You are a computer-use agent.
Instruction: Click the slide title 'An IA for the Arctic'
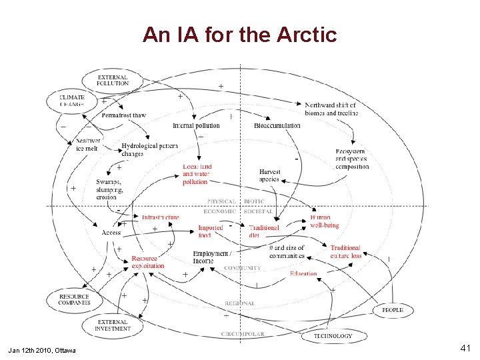point(239,34)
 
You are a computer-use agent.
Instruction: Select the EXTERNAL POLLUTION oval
point(112,80)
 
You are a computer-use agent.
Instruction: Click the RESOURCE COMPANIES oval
point(74,299)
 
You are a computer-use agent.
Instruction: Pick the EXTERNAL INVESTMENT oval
point(112,325)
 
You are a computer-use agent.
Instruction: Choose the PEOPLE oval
point(392,310)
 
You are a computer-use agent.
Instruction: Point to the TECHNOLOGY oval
point(333,336)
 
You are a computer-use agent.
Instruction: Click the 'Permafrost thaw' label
point(123,115)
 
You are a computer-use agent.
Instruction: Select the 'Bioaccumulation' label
point(277,126)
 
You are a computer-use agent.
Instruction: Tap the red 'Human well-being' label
point(324,221)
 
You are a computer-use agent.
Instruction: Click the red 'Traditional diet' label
point(263,231)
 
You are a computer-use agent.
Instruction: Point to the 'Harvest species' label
point(269,175)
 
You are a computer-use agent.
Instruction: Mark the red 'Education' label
point(303,273)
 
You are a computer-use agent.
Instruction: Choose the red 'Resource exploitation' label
point(147,262)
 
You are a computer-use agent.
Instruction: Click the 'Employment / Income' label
point(211,257)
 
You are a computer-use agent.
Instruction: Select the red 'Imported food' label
point(210,231)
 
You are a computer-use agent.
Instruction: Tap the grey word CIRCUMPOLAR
point(243,334)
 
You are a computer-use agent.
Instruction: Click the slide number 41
point(466,348)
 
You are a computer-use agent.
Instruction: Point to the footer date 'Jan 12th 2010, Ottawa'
point(42,350)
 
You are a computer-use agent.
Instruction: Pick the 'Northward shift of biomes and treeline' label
point(331,109)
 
